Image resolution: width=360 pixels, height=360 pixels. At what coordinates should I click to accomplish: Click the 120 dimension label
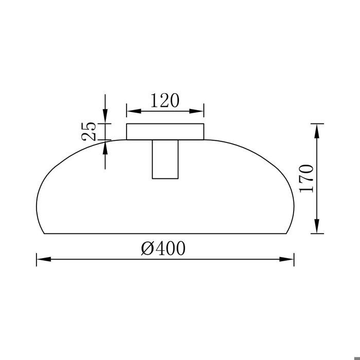[x=165, y=100]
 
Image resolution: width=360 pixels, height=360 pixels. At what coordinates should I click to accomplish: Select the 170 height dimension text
[x=307, y=178]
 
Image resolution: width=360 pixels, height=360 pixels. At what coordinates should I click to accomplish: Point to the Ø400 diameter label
[x=163, y=248]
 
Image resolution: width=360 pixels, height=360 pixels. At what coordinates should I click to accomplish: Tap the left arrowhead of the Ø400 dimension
[x=43, y=259]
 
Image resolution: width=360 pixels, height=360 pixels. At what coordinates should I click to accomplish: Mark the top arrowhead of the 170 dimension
[x=318, y=130]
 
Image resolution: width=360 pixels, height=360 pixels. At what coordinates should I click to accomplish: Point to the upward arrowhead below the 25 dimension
[x=105, y=147]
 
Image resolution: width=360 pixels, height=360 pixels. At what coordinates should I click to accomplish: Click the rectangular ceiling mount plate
[x=165, y=132]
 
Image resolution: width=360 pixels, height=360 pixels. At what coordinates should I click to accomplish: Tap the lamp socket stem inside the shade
[x=165, y=159]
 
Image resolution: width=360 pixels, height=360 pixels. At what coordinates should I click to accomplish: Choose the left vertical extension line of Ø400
[x=37, y=259]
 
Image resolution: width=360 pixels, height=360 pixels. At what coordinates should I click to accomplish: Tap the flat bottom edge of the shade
[x=165, y=233]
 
